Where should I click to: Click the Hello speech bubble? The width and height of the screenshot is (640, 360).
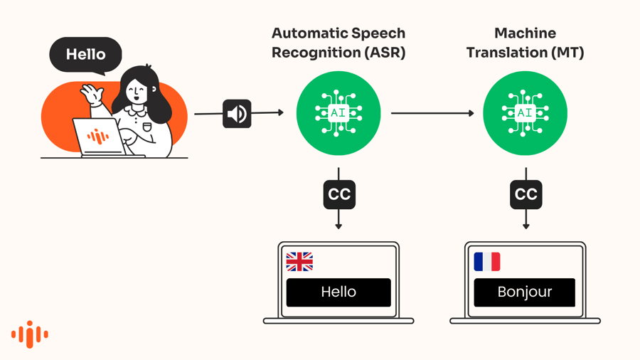tap(85, 55)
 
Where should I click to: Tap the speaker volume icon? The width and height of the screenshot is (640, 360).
tap(237, 114)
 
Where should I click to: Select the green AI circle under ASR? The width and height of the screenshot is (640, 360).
tap(338, 113)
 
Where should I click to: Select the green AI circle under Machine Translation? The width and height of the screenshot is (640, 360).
tap(525, 113)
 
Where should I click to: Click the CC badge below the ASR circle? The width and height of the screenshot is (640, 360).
tap(339, 195)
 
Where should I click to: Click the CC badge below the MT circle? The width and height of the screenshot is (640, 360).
tap(526, 195)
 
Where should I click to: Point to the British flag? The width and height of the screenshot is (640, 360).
tap(299, 262)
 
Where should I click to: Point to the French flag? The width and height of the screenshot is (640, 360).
tap(487, 262)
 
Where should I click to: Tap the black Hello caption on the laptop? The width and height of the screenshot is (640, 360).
tap(338, 292)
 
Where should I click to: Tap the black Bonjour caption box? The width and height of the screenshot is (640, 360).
tap(525, 292)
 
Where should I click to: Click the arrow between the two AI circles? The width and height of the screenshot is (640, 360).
tap(432, 113)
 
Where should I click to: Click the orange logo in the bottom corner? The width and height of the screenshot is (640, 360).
tap(30, 334)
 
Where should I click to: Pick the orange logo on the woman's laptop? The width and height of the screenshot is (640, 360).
tap(98, 137)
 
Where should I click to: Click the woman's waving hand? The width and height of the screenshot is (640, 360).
tap(92, 93)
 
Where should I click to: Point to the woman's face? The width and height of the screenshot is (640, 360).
tap(137, 92)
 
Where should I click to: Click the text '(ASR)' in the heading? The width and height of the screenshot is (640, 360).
tap(384, 53)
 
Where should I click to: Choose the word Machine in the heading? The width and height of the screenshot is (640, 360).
tap(525, 33)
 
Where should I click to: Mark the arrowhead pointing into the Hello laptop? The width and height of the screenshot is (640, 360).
tap(338, 226)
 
